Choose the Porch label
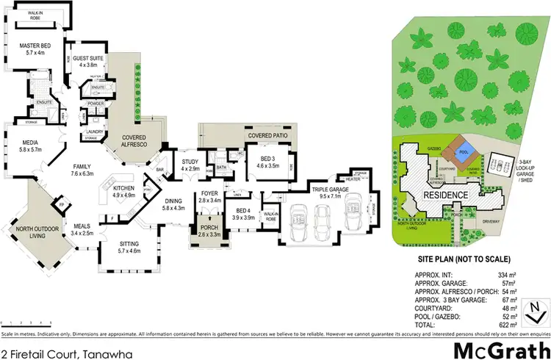pos(208,230)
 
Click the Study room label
pos(190,165)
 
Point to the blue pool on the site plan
pos(462,155)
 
